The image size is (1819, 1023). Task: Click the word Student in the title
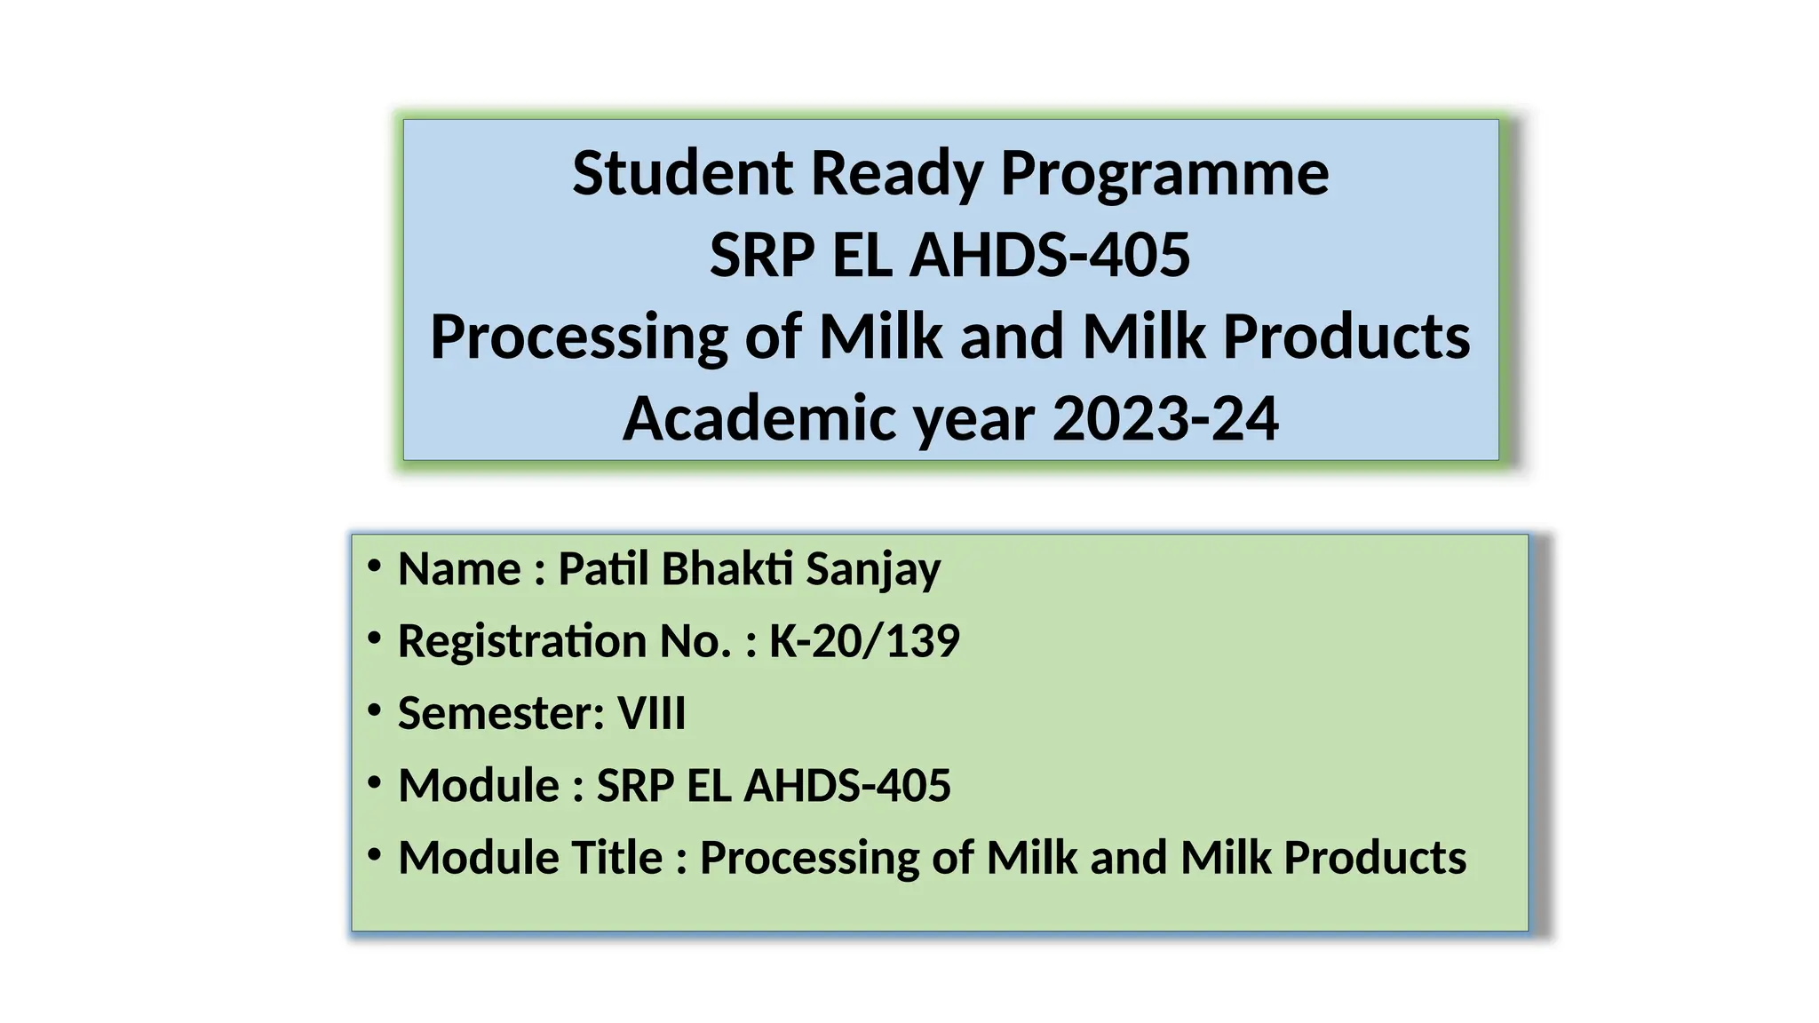tap(682, 173)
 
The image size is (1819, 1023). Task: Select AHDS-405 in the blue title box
tap(1050, 256)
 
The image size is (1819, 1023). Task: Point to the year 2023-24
tap(1165, 419)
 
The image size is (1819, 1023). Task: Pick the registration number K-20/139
tap(864, 641)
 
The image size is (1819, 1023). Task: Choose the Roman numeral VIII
tap(651, 714)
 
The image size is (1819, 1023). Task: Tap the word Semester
tap(501, 714)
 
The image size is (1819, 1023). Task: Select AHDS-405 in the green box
tap(847, 786)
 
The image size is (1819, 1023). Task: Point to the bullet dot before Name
tap(374, 566)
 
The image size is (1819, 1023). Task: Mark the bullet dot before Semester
tap(374, 710)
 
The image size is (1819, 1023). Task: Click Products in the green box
tap(1375, 859)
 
